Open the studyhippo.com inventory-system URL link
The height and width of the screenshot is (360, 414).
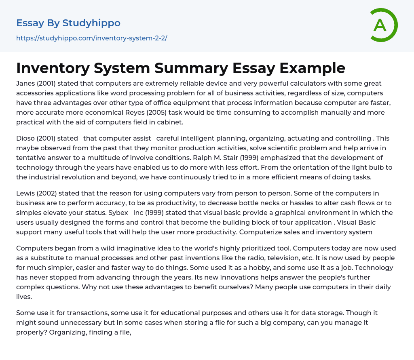pos(91,38)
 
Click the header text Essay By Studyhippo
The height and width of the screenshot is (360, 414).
pos(68,23)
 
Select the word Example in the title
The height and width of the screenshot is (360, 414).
pos(317,68)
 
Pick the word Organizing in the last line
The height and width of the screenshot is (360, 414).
pos(68,332)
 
